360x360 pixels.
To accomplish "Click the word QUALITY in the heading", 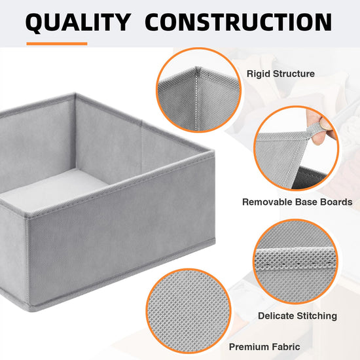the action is pyautogui.click(x=79, y=22).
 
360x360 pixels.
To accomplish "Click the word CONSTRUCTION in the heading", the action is pyautogui.click(x=238, y=22).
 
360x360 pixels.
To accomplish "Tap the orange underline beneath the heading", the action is pyautogui.click(x=57, y=44).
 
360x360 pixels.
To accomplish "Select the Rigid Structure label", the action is pyautogui.click(x=281, y=74).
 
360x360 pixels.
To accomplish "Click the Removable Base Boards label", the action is pyautogui.click(x=297, y=202).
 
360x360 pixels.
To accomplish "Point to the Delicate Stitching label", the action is pyautogui.click(x=298, y=315).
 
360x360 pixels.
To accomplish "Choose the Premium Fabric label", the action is pyautogui.click(x=264, y=346).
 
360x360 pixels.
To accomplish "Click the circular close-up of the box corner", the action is pyautogui.click(x=198, y=90).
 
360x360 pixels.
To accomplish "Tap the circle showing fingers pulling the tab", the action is pyautogui.click(x=296, y=149).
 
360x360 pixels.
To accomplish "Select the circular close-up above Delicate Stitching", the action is pyautogui.click(x=295, y=262).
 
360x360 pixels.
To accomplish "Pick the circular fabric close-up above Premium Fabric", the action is pyautogui.click(x=189, y=311).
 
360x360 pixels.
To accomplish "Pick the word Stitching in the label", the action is pyautogui.click(x=317, y=315).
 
